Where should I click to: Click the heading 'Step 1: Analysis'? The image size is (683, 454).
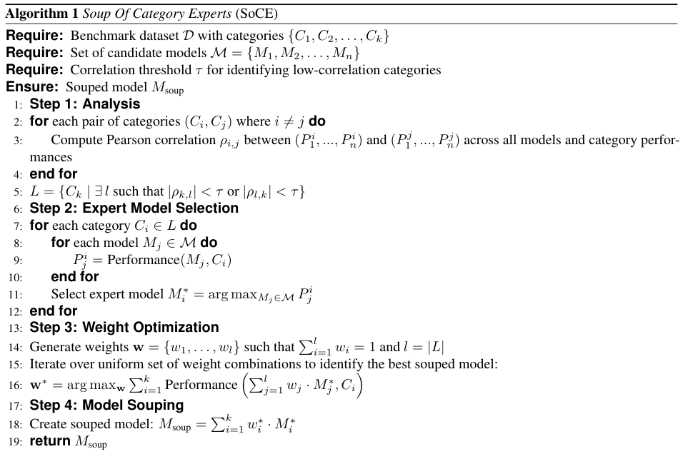(85, 104)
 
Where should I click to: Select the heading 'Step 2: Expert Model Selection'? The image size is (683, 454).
(134, 208)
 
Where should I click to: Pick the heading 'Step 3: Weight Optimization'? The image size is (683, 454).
(124, 328)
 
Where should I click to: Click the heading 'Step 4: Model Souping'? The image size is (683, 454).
(106, 405)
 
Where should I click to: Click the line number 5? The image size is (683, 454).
(18, 191)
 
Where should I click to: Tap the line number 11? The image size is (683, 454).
(16, 294)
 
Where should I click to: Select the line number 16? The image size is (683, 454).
(16, 386)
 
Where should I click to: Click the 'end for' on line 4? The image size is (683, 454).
(53, 173)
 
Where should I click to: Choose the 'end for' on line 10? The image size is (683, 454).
(75, 276)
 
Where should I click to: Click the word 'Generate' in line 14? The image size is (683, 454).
(54, 348)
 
